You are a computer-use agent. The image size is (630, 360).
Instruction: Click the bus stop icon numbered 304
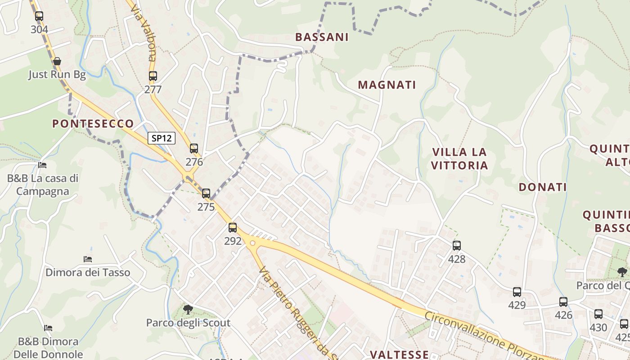click(39, 16)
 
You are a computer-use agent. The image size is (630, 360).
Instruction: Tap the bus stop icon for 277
click(153, 76)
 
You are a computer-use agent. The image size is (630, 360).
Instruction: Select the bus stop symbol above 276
click(194, 148)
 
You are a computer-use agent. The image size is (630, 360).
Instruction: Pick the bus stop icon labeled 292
click(233, 228)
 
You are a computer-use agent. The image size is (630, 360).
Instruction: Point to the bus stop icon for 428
click(457, 246)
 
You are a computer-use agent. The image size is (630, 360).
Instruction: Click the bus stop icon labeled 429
click(517, 292)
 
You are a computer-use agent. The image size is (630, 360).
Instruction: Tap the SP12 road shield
click(162, 138)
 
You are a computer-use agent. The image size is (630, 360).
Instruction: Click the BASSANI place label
click(322, 37)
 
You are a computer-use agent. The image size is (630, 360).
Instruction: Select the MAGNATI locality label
click(387, 85)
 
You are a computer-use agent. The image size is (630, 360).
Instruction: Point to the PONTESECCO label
click(93, 124)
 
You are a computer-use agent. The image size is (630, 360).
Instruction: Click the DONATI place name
click(542, 187)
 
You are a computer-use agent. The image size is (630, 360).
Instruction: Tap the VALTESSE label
click(399, 355)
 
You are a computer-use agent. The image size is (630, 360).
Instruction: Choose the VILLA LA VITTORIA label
click(459, 158)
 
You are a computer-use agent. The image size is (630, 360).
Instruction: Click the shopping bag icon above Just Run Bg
click(57, 61)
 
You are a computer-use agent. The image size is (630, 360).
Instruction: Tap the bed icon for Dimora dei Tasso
click(88, 259)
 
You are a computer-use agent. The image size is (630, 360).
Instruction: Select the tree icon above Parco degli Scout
click(188, 309)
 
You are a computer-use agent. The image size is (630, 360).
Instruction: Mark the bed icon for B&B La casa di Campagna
click(42, 165)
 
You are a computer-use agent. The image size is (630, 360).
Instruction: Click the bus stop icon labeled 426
click(563, 302)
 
